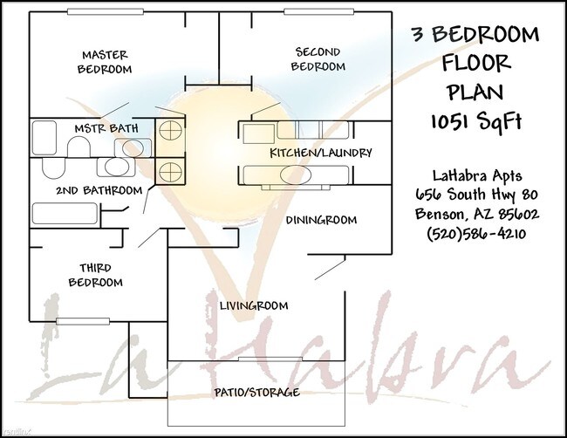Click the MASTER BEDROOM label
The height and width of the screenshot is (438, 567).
click(x=105, y=62)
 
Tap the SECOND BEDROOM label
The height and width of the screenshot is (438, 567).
click(x=318, y=59)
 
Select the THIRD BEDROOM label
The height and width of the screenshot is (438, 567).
click(x=95, y=275)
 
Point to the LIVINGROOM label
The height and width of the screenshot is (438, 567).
click(x=254, y=305)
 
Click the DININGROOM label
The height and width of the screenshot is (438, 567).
click(x=321, y=220)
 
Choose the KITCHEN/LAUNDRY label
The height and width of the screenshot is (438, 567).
click(x=321, y=153)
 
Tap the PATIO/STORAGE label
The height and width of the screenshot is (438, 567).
click(x=256, y=392)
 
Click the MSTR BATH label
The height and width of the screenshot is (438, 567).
click(x=106, y=128)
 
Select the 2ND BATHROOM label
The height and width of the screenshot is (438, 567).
click(x=99, y=190)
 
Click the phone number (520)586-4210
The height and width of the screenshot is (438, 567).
click(x=476, y=233)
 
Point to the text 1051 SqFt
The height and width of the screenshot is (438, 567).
click(x=476, y=120)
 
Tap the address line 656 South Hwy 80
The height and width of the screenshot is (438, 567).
click(x=476, y=195)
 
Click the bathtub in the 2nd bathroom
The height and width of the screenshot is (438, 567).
click(x=65, y=214)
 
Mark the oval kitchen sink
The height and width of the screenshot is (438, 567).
click(x=296, y=175)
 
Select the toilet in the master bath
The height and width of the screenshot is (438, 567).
click(x=79, y=148)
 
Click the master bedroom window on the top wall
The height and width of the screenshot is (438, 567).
click(x=106, y=11)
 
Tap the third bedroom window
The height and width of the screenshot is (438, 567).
click(x=83, y=321)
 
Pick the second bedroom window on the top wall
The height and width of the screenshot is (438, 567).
click(x=318, y=11)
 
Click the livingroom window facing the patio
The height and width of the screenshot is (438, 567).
click(x=270, y=359)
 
